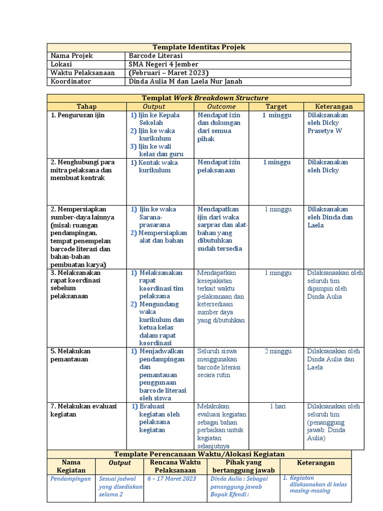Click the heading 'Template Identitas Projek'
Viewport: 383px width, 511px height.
[199, 47]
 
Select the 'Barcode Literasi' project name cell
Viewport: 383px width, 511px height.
[156, 56]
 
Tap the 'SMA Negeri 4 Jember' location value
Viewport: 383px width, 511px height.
[164, 64]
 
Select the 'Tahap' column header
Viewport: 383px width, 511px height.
[86, 106]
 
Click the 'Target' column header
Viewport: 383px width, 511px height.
[276, 106]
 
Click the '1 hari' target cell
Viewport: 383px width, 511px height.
[278, 406]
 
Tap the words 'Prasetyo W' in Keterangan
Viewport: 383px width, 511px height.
[325, 131]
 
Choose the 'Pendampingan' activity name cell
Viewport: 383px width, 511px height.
[71, 479]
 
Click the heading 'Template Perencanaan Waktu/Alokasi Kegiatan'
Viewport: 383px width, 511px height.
[199, 454]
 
